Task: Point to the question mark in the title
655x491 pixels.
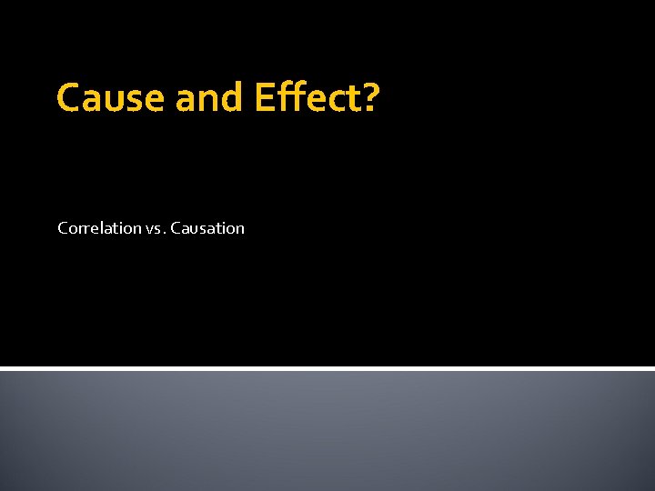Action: click(x=369, y=98)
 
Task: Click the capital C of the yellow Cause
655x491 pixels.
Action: click(x=69, y=98)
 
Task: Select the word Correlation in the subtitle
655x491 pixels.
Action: click(x=99, y=228)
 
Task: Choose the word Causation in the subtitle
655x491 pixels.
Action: click(x=207, y=228)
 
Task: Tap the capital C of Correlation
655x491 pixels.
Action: click(x=63, y=228)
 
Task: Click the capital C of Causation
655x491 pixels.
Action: click(x=176, y=228)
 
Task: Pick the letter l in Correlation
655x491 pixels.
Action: click(x=104, y=227)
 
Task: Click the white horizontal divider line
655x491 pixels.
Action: click(x=327, y=368)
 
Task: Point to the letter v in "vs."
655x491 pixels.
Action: click(x=149, y=230)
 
